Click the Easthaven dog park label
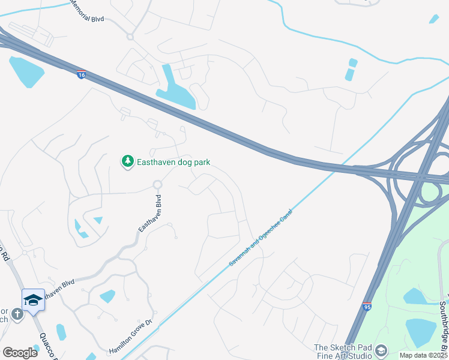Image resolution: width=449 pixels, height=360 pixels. coord(173,161)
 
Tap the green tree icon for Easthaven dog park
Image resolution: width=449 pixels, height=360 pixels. coord(127,161)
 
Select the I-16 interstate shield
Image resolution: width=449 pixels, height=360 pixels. coord(81,74)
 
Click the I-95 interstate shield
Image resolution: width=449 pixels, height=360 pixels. coord(367,307)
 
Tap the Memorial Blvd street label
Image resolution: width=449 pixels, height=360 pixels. coord(87,12)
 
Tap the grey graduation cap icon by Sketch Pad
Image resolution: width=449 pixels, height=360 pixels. coord(380,350)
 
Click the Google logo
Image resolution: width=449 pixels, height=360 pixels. coord(20,353)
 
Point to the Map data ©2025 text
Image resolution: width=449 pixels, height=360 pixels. coord(423,355)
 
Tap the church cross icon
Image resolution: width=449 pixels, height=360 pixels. coord(18,314)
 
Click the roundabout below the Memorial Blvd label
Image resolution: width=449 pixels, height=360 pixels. coord(130,37)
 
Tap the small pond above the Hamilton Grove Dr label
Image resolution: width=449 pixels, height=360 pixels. coord(107,296)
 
